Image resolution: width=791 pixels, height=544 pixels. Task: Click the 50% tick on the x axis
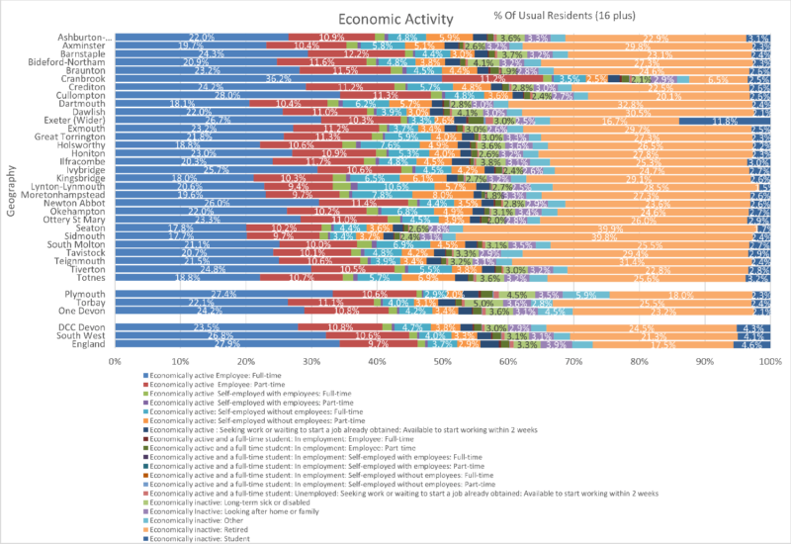[x=443, y=362]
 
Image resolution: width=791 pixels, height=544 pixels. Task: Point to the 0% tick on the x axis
[x=116, y=362]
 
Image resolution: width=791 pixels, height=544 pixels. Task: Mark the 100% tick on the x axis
[x=769, y=362]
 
